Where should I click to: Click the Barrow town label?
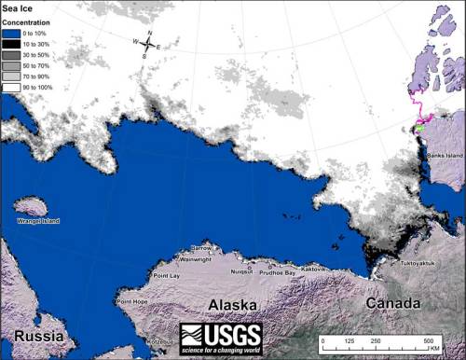(x=201, y=248)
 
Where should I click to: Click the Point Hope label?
(x=134, y=302)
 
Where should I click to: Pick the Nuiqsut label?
(x=241, y=271)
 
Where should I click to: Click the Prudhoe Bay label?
(x=277, y=271)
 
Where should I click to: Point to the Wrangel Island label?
(x=38, y=220)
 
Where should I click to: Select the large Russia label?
(x=33, y=334)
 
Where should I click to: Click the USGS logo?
(x=221, y=338)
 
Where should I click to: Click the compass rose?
(x=147, y=44)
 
